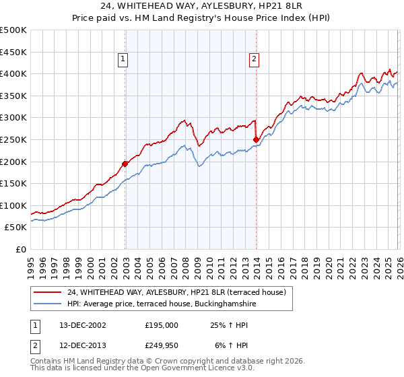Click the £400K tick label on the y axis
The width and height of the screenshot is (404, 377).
(13, 73)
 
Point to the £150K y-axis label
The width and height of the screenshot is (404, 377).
(13, 183)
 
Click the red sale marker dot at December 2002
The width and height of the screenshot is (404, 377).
(125, 163)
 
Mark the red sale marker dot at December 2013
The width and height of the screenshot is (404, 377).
(256, 139)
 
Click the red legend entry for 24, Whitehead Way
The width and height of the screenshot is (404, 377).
(176, 292)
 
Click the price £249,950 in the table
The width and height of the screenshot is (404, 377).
(162, 345)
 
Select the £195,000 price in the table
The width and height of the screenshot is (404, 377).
(162, 324)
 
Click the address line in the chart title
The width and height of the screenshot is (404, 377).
(201, 7)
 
